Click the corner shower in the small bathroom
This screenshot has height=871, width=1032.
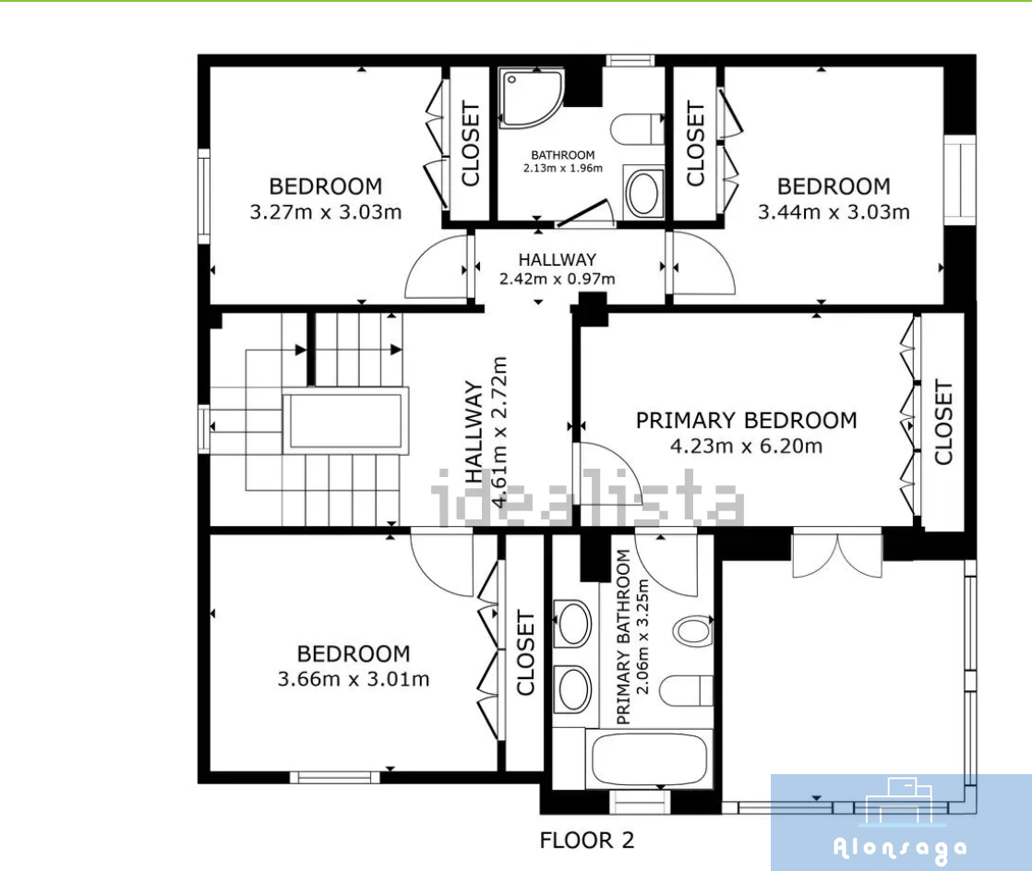[531, 97]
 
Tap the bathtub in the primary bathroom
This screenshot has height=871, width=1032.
[649, 759]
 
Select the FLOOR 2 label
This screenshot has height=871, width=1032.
[586, 840]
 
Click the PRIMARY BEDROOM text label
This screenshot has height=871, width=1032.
[747, 420]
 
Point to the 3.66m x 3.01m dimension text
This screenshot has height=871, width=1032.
[354, 678]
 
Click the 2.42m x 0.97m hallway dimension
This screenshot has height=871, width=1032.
[557, 279]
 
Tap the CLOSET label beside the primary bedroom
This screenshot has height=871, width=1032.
[943, 423]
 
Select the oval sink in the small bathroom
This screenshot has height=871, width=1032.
[643, 192]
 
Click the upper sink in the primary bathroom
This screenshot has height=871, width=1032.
[572, 623]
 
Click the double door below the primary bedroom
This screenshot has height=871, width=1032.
[837, 555]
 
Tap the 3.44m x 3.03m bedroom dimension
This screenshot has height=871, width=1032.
[834, 212]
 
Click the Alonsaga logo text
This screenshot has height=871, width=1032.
[900, 849]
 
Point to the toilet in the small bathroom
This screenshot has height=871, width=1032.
[637, 129]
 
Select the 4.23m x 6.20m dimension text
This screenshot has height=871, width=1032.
[747, 446]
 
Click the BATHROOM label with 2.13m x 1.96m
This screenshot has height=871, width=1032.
[563, 161]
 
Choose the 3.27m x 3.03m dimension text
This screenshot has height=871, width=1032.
[326, 212]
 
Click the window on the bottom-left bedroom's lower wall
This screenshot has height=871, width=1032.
[335, 777]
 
